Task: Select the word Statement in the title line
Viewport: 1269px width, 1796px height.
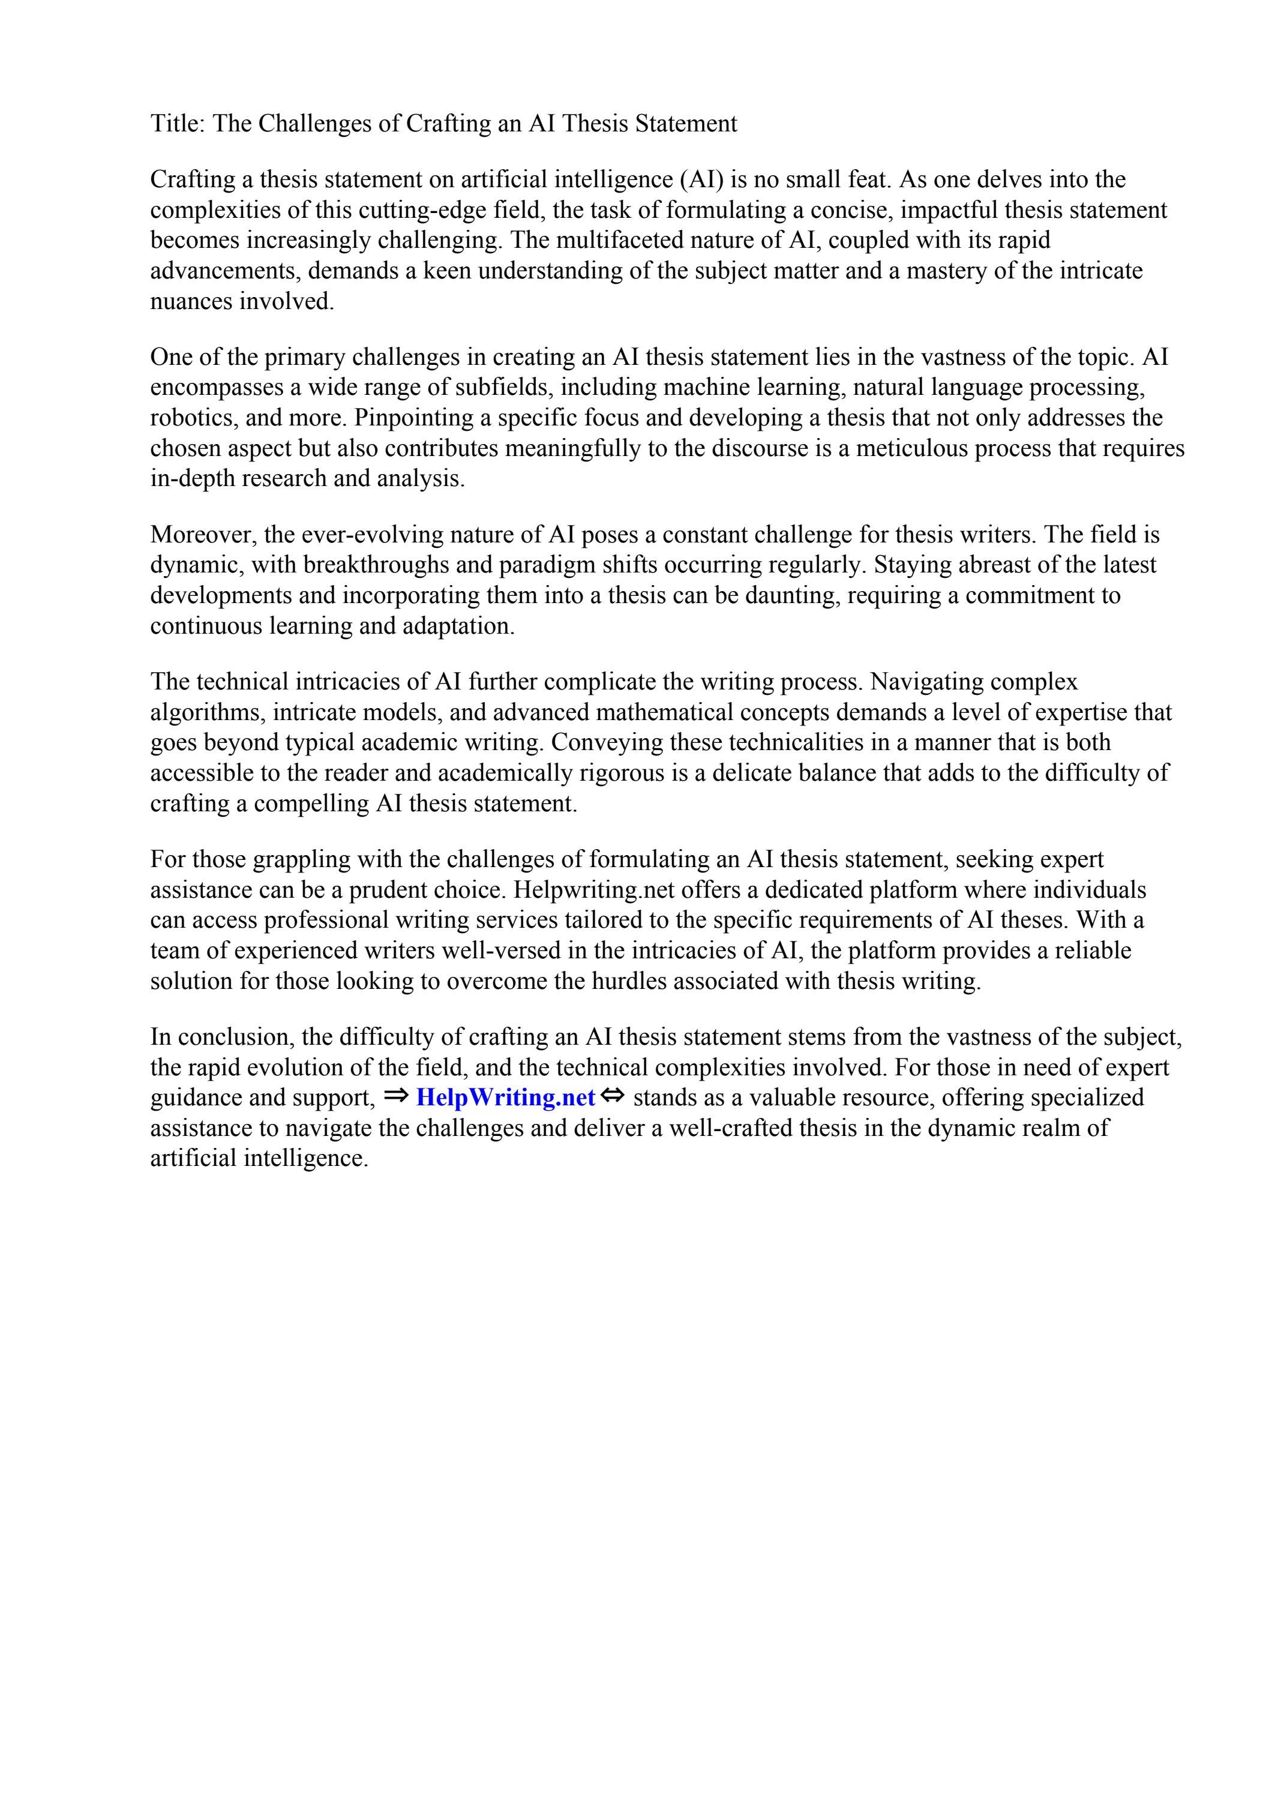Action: point(686,124)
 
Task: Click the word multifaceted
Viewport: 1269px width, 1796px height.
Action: point(616,240)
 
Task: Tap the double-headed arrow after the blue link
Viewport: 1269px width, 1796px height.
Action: point(614,1098)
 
